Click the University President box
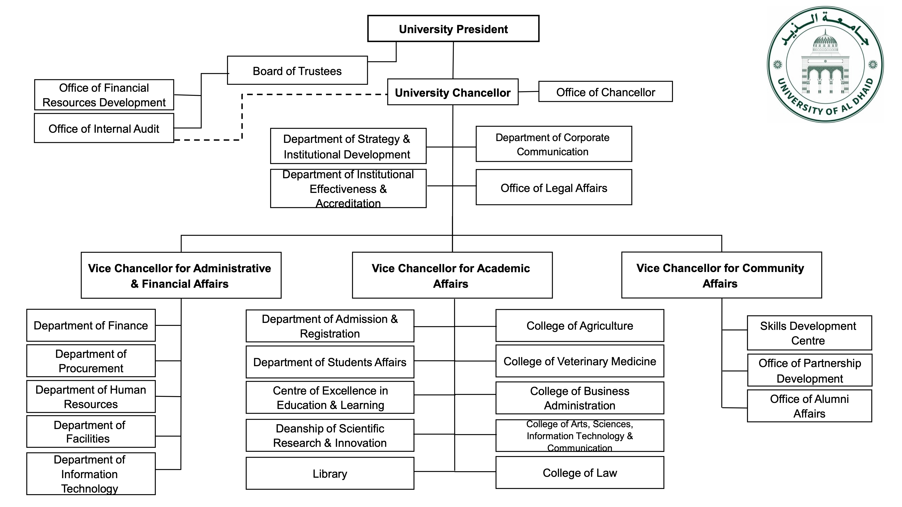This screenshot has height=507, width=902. click(453, 29)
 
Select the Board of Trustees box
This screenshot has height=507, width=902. click(297, 71)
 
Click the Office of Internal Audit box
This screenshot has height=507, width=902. click(104, 128)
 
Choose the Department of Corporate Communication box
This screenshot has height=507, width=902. click(554, 144)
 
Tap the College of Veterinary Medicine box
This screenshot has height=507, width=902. click(580, 361)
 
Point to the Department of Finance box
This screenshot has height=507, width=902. click(91, 325)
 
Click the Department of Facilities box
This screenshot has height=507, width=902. click(91, 432)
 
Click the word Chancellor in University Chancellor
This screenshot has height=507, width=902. click(481, 93)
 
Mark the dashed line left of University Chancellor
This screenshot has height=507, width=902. click(315, 94)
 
